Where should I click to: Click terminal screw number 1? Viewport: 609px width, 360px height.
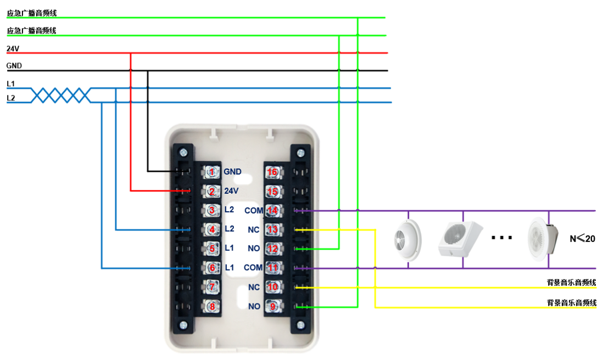pyautogui.click(x=211, y=172)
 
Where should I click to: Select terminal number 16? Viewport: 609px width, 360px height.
pyautogui.click(x=272, y=172)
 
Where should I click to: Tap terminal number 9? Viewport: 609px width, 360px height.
pyautogui.click(x=272, y=306)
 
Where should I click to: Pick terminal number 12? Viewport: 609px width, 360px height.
pyautogui.click(x=272, y=249)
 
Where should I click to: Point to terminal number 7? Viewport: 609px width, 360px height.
pyautogui.click(x=211, y=287)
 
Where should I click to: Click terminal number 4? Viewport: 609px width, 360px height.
pyautogui.click(x=211, y=229)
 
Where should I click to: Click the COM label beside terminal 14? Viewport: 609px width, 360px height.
pyautogui.click(x=254, y=211)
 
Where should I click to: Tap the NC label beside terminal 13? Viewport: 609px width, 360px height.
pyautogui.click(x=254, y=230)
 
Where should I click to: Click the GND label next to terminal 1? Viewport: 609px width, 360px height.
pyautogui.click(x=232, y=172)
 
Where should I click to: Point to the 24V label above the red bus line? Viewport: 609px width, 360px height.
pyautogui.click(x=13, y=48)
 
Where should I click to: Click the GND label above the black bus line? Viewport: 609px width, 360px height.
pyautogui.click(x=14, y=66)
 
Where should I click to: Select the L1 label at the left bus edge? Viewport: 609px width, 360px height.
pyautogui.click(x=11, y=83)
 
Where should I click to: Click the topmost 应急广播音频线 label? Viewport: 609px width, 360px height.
pyautogui.click(x=31, y=13)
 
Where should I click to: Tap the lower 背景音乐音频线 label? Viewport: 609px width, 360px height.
pyautogui.click(x=571, y=302)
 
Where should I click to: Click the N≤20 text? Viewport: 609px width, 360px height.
pyautogui.click(x=582, y=239)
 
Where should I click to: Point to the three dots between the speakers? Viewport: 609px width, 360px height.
pyautogui.click(x=501, y=238)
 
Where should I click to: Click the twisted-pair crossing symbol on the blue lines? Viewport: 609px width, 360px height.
pyautogui.click(x=60, y=95)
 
